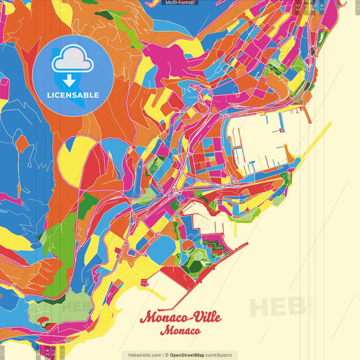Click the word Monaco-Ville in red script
180,317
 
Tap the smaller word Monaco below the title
180,331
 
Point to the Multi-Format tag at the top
180,3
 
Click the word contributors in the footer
220,355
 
